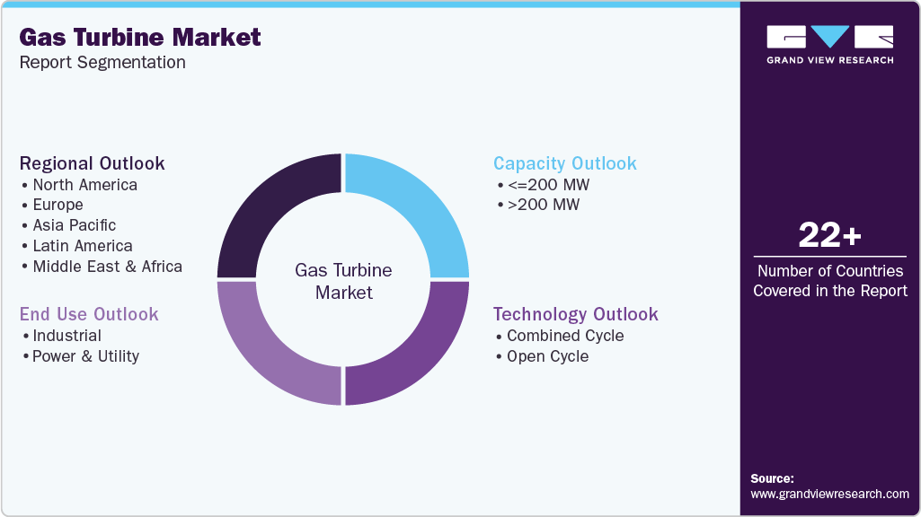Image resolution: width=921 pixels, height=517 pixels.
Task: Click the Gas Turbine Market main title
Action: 140,37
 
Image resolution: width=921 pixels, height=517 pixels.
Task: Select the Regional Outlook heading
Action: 92,163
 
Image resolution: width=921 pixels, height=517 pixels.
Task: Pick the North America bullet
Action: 84,185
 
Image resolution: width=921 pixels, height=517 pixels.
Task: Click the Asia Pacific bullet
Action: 74,225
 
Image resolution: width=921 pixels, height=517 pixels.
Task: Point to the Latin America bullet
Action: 82,246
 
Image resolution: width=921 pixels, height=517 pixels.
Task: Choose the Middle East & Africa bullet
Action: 107,267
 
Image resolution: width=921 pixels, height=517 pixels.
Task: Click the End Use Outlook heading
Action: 89,314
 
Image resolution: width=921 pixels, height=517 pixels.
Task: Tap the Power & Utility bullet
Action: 85,356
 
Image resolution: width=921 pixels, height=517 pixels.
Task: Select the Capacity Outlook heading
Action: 564,163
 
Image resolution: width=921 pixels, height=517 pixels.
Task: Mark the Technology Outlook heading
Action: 575,314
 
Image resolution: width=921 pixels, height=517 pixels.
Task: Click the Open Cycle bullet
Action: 547,356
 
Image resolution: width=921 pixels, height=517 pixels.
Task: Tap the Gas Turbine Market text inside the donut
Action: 343,281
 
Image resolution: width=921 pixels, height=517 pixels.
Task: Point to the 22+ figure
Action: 829,235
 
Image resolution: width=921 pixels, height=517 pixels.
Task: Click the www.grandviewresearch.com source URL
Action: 829,494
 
